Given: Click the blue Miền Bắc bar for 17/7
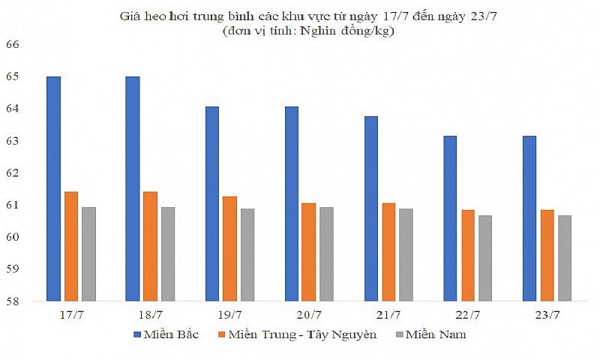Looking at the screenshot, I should pos(53,187).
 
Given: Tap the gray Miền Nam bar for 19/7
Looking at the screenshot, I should pos(247,254).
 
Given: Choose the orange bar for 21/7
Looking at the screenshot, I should pos(389,251).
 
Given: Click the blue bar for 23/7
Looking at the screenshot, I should pos(529,217).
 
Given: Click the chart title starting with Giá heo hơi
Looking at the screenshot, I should pos(300,15).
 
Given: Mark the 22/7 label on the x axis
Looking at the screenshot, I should pos(468,315).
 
